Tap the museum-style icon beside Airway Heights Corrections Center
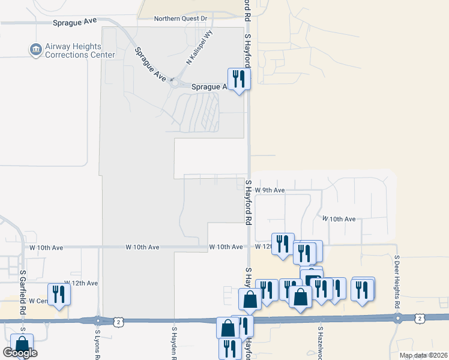pos(35,49)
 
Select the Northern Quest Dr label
pos(179,19)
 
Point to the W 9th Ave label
pos(270,190)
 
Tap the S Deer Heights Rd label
pos(397,281)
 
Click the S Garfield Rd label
pos(22,284)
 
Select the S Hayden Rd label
pos(174,342)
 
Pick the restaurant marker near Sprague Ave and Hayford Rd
pos(238,79)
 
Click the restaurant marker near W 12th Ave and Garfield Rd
pos(59,293)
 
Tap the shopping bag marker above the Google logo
pos(22,344)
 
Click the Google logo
pos(20,353)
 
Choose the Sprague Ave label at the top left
pos(74,21)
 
